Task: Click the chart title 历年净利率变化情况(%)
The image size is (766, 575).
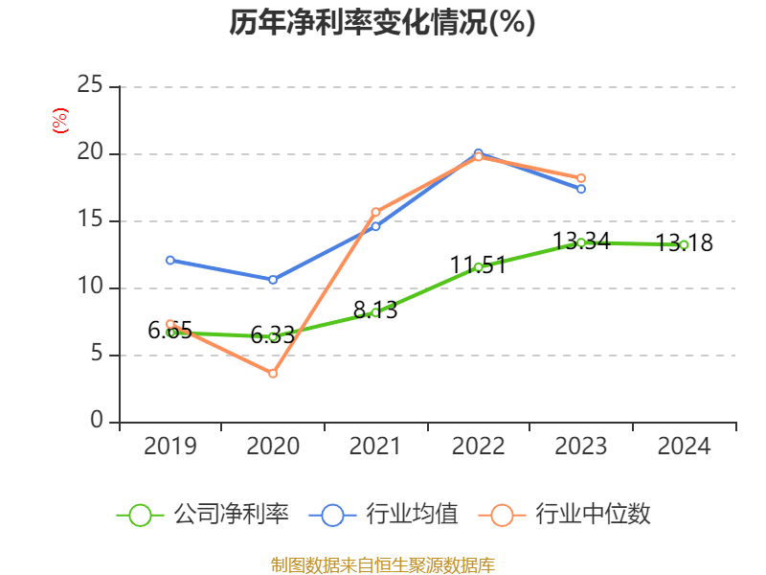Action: (x=382, y=23)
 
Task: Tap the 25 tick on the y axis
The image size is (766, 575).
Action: (x=90, y=86)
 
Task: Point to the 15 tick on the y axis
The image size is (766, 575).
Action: (x=90, y=220)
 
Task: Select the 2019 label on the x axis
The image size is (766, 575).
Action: (x=169, y=447)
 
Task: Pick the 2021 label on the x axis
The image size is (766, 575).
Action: (x=375, y=447)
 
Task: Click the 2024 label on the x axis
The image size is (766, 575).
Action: (x=684, y=447)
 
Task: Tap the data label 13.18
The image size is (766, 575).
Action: (x=684, y=243)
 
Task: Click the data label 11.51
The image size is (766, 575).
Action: (x=478, y=265)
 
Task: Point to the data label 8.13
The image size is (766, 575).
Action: (x=375, y=310)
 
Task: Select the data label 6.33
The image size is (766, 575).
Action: (x=273, y=335)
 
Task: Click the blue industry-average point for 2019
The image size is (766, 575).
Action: (x=170, y=260)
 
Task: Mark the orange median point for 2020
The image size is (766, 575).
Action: (x=273, y=374)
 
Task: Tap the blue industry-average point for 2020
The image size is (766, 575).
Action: (x=273, y=280)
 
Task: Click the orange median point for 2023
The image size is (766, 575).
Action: (x=581, y=178)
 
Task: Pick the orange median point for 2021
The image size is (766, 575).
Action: (x=375, y=212)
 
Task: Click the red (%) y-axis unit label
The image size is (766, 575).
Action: (x=60, y=121)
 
